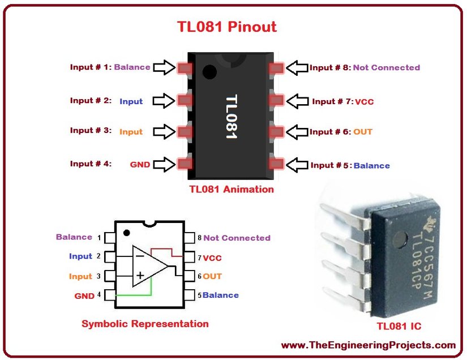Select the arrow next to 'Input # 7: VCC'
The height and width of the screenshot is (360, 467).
(x=297, y=101)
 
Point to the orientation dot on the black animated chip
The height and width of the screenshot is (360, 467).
(x=210, y=72)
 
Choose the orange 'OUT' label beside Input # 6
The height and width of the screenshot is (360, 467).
(x=363, y=132)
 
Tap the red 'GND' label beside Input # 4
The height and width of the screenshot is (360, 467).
(x=140, y=165)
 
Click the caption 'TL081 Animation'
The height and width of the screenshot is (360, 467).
(x=232, y=190)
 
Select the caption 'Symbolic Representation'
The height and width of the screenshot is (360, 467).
(x=145, y=324)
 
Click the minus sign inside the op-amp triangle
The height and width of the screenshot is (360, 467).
(x=139, y=256)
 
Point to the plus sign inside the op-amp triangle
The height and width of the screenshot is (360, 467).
(x=139, y=275)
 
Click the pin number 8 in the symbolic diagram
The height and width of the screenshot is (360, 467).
(x=199, y=238)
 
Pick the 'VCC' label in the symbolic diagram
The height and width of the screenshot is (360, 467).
(x=212, y=258)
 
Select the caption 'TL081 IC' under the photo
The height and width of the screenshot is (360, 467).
(x=399, y=326)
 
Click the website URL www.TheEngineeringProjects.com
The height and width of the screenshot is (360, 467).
(x=368, y=345)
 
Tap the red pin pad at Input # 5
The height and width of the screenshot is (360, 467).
(x=276, y=164)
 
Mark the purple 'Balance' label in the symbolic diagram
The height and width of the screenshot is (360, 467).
(x=74, y=237)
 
